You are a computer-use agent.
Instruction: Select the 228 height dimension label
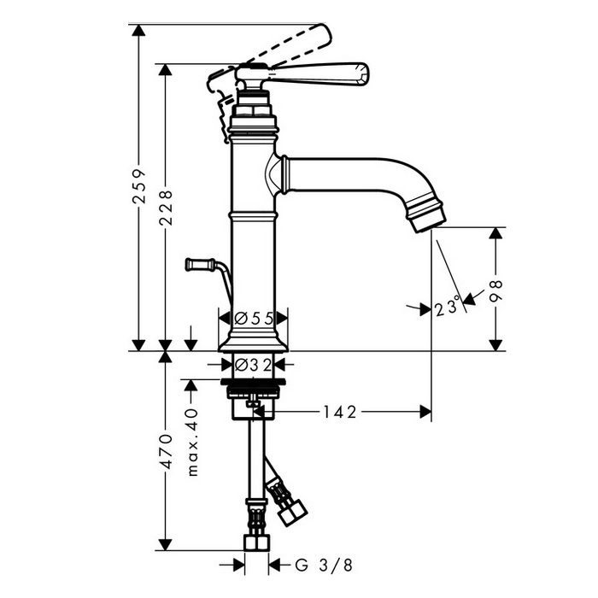(166, 207)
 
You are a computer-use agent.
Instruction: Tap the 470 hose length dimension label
(166, 450)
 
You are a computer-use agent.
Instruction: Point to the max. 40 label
(193, 443)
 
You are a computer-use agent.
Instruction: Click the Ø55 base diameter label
(254, 318)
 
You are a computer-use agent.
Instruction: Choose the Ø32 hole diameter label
(253, 366)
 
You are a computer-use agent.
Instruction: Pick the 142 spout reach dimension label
(339, 412)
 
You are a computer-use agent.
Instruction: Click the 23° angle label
(447, 307)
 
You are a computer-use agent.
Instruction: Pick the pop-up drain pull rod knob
(200, 264)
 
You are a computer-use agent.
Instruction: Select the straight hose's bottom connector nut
(256, 542)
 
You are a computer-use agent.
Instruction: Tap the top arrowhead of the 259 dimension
(138, 30)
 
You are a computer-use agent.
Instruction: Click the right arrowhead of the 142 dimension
(425, 412)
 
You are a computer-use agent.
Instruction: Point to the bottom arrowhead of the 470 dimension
(166, 544)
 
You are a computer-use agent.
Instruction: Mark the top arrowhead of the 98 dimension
(495, 233)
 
